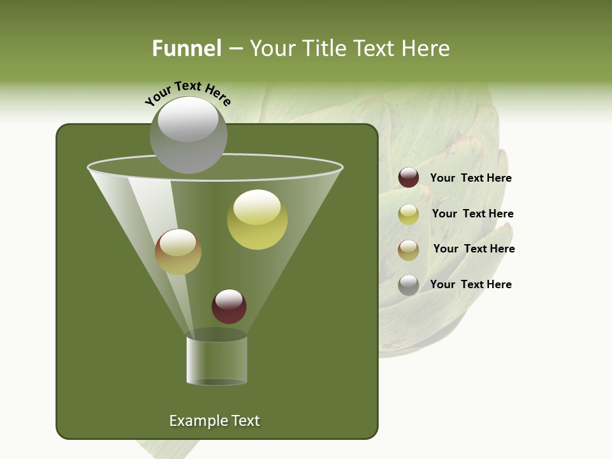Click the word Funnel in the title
pyautogui.click(x=186, y=48)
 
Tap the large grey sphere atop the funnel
pyautogui.click(x=189, y=135)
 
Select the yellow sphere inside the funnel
pyautogui.click(x=258, y=220)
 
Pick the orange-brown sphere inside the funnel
pyautogui.click(x=178, y=252)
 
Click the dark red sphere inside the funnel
pyautogui.click(x=229, y=307)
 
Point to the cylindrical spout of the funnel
pyautogui.click(x=217, y=360)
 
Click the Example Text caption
pyautogui.click(x=214, y=421)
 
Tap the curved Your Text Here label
pyautogui.click(x=187, y=93)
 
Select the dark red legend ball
pyautogui.click(x=409, y=178)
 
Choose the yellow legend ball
pyautogui.click(x=409, y=214)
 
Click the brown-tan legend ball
pyautogui.click(x=409, y=250)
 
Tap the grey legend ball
pyautogui.click(x=409, y=285)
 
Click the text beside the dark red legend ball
pyautogui.click(x=470, y=178)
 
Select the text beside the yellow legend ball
pyautogui.click(x=472, y=214)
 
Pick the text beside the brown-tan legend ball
pyautogui.click(x=474, y=249)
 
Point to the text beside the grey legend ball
pyautogui.click(x=470, y=284)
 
